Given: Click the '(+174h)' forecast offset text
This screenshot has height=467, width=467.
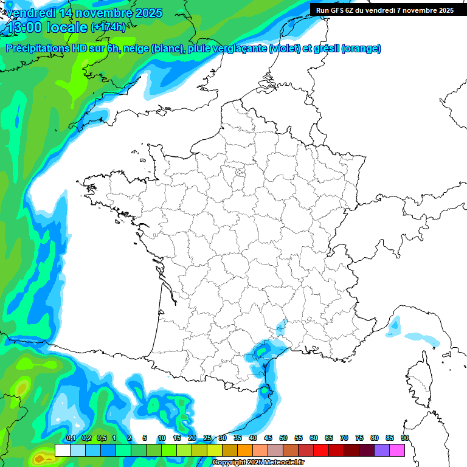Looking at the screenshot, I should point(108,27).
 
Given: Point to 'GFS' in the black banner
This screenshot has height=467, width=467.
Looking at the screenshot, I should point(340,10).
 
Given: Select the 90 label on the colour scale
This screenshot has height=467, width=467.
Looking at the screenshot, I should point(404,438).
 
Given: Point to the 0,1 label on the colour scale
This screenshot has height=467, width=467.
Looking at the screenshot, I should point(71,438).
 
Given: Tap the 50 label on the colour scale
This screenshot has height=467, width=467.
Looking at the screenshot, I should point(283,438).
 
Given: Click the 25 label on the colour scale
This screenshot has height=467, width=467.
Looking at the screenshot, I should point(207,438).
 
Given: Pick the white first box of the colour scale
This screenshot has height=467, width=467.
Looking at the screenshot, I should point(62,450).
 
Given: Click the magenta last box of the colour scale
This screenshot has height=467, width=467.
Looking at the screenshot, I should point(397,450).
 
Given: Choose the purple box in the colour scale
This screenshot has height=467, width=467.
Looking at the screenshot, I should point(382,450).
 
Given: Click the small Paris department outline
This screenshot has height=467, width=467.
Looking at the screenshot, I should point(240,173).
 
